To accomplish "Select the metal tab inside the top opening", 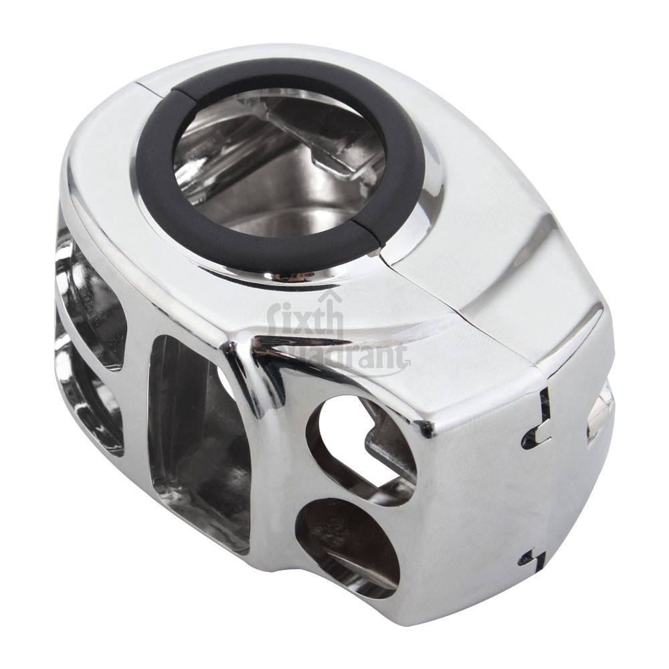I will tap(334, 154).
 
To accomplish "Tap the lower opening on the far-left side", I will tap(87, 401).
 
